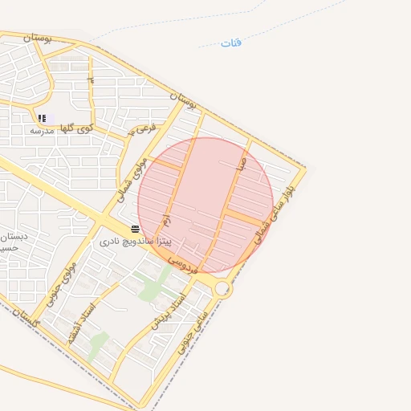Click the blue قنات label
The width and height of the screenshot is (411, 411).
click(x=231, y=43)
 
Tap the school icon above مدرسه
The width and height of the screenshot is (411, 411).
click(x=42, y=118)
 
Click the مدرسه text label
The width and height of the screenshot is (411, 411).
click(x=41, y=129)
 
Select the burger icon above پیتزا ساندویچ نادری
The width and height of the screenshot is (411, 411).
click(x=134, y=230)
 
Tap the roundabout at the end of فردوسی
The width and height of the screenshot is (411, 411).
click(x=222, y=288)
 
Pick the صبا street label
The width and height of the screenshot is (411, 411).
click(x=241, y=163)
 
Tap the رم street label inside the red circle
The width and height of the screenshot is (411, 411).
click(x=166, y=218)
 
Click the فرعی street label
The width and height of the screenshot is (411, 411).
click(x=143, y=128)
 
